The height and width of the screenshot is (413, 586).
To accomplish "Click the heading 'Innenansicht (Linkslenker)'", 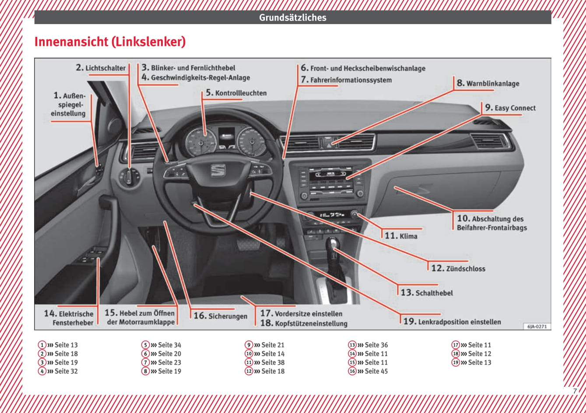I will [x=110, y=42].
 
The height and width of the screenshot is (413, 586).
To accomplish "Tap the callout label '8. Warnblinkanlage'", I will [x=488, y=83].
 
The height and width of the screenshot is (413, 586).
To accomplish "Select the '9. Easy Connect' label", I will [x=510, y=108].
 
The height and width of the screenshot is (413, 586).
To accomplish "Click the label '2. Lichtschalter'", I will [x=101, y=68].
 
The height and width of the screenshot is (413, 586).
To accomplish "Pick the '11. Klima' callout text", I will [x=401, y=236].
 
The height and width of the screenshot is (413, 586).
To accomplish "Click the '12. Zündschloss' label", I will [x=458, y=268].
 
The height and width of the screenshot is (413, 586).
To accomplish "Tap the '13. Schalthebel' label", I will [x=427, y=293].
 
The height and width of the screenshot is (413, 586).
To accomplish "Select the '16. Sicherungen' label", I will [x=221, y=316].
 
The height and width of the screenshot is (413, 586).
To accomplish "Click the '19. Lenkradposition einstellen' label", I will [x=452, y=322].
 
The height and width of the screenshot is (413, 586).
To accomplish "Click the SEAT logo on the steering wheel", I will [x=218, y=170].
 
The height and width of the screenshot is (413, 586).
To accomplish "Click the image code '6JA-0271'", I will [x=537, y=326].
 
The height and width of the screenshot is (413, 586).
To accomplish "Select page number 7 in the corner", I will [x=575, y=391].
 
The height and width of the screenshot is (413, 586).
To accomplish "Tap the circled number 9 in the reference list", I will [x=249, y=345].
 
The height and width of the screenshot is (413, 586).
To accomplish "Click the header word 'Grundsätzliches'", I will [x=293, y=17].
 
